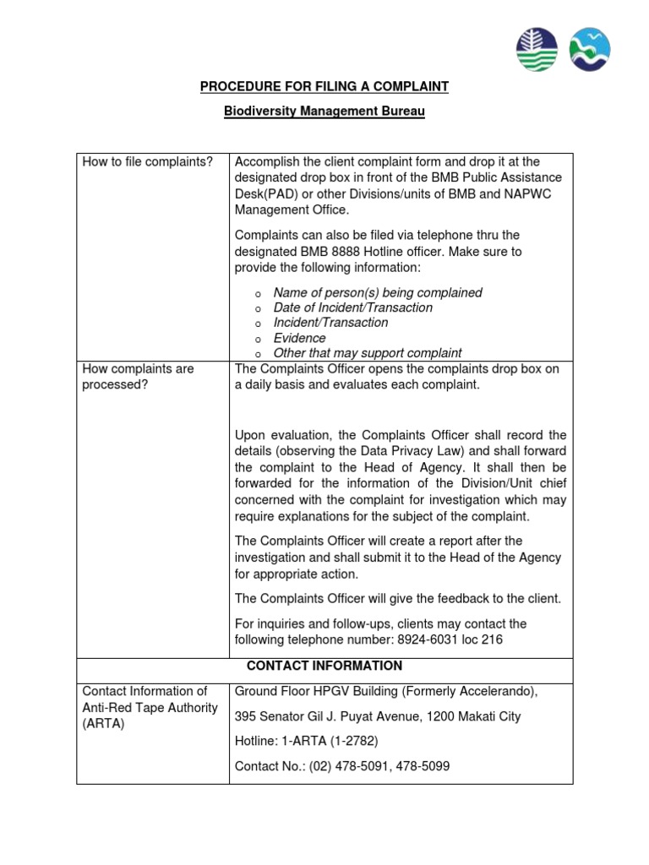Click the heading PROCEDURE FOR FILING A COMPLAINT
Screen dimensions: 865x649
[x=324, y=86]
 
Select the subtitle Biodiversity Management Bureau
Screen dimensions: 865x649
[x=324, y=112]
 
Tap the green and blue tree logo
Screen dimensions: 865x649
[x=537, y=49]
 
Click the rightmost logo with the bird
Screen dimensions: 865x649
[x=591, y=49]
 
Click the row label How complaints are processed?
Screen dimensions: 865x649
[x=138, y=377]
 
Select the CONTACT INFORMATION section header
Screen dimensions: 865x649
[x=324, y=666]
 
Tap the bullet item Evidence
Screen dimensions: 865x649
[x=299, y=338]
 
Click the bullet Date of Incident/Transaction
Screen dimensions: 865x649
[x=352, y=307]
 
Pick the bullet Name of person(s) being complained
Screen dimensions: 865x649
[x=377, y=292]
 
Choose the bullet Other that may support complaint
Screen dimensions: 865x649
[x=367, y=353]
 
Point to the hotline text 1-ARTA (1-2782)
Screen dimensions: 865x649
[x=330, y=741]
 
